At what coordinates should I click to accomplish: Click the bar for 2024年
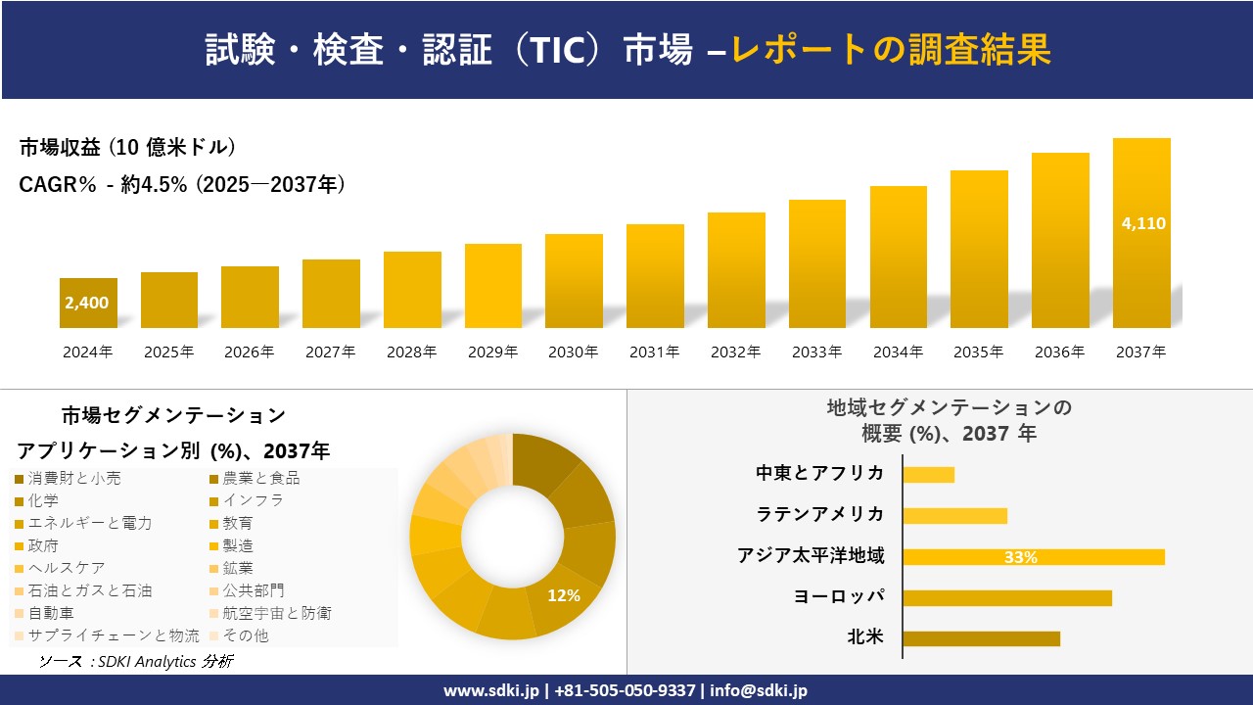[88, 304]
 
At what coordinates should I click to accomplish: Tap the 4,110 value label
[1142, 223]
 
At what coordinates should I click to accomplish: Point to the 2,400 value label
[87, 304]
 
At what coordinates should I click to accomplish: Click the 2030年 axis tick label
[573, 352]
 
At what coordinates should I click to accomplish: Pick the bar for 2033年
[816, 264]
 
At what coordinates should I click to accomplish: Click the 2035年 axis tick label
[978, 352]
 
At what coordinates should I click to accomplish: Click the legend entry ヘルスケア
[67, 568]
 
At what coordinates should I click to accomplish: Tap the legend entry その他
[246, 635]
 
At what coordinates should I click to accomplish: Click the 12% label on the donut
[564, 595]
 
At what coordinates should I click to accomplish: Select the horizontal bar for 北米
[981, 638]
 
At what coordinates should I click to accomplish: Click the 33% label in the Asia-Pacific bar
[1021, 557]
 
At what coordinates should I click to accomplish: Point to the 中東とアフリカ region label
[820, 474]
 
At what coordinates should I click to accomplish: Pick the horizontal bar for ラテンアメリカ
[954, 515]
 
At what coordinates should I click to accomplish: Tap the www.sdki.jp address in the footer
[492, 690]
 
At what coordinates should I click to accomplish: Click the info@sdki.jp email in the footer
[760, 690]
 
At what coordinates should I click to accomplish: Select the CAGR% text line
[182, 185]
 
